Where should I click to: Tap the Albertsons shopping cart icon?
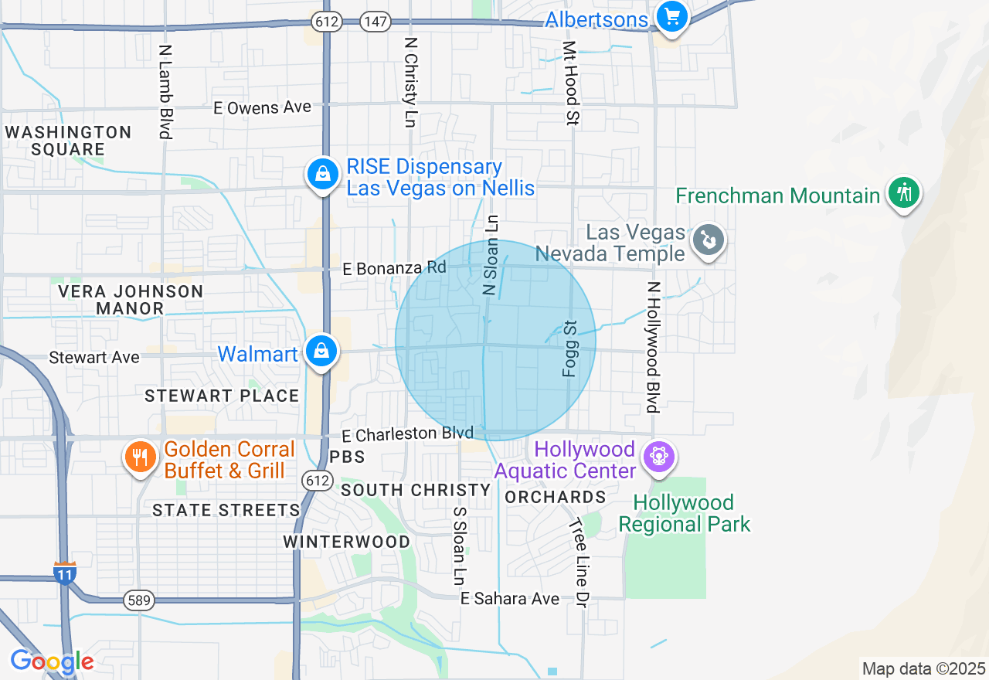point(671,16)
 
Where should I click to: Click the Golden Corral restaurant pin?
point(140,457)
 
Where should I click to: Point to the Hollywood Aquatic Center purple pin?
point(658,456)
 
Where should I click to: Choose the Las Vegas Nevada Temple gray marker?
point(708,240)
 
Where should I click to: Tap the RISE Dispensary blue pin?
point(321,175)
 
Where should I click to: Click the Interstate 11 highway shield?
point(65,573)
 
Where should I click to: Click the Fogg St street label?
point(570,348)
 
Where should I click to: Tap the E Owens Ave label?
point(263,107)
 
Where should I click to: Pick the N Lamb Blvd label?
point(165,91)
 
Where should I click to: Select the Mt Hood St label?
point(571,83)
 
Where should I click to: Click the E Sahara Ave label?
point(510,599)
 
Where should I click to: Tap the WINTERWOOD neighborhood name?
point(347,542)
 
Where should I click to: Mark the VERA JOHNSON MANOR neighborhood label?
point(131,300)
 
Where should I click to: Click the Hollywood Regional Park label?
point(685,514)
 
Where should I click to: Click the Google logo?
point(52,662)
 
